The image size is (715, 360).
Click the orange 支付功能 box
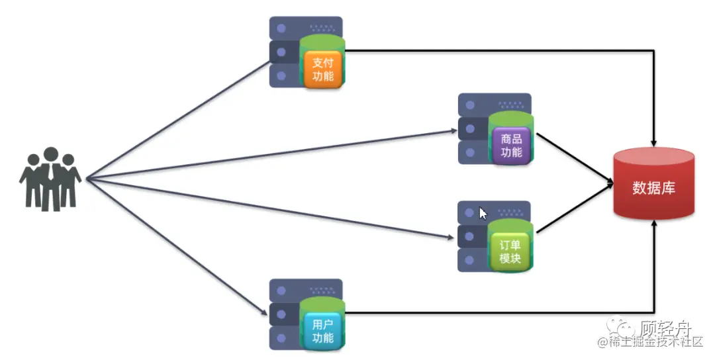point(322,69)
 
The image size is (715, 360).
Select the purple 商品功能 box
point(512,146)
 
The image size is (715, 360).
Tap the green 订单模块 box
point(510,251)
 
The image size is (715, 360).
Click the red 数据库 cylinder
point(653,187)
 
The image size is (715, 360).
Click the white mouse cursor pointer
point(483,213)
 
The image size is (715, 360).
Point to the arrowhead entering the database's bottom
point(654,225)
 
